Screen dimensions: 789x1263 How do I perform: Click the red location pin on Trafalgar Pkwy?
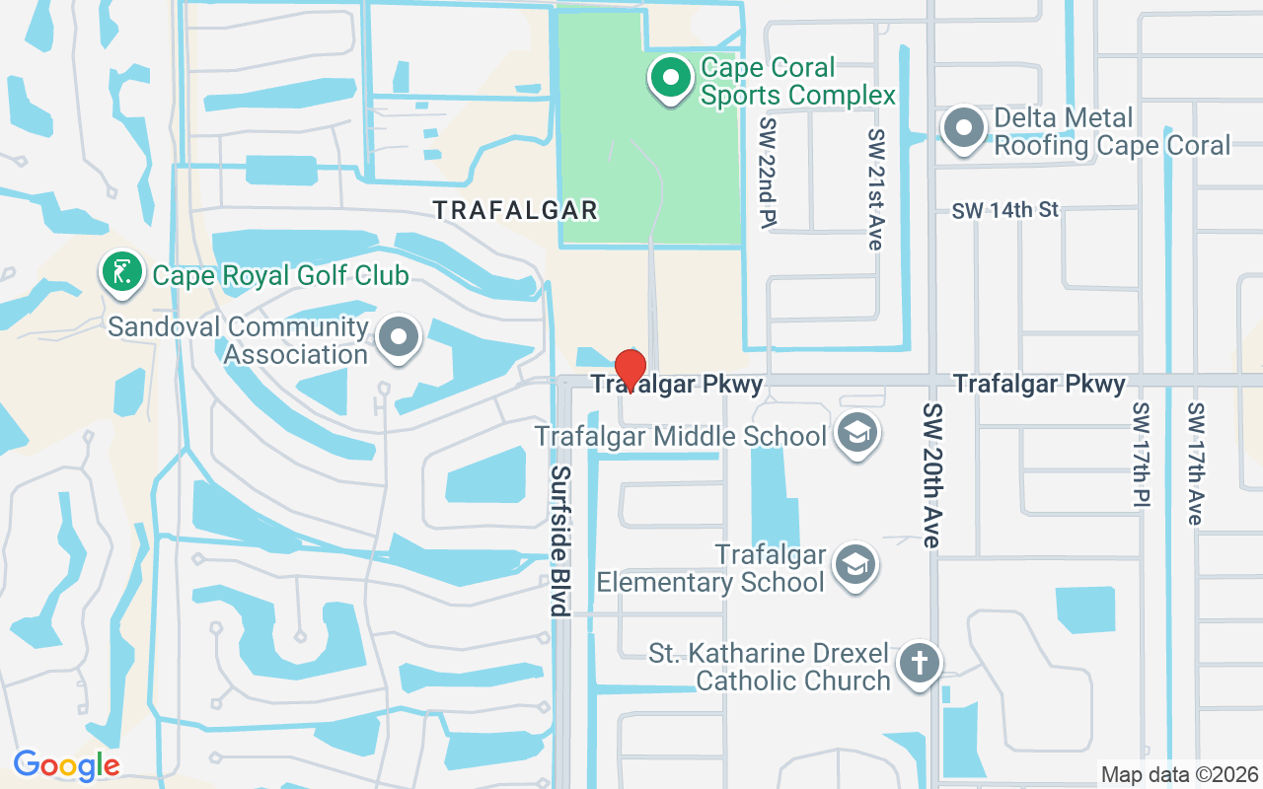(x=631, y=368)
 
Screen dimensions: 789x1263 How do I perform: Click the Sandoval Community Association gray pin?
(x=400, y=338)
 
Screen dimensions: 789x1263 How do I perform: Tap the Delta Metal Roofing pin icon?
(x=963, y=129)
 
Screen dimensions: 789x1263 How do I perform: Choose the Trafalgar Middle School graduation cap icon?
(x=855, y=435)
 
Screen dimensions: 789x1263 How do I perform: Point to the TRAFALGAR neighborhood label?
(x=516, y=210)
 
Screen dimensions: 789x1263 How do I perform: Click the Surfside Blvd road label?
(x=560, y=541)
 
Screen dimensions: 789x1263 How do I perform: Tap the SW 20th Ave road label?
(x=933, y=474)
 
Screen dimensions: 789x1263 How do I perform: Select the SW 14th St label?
(x=1004, y=210)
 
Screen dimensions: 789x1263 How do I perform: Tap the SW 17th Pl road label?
(x=1142, y=455)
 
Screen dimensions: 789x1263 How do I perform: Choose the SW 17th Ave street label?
(x=1195, y=463)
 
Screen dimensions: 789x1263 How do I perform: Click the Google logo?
(x=66, y=764)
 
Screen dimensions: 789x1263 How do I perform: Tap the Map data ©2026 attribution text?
(x=1179, y=774)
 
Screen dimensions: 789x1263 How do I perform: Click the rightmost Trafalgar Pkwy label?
(x=1039, y=384)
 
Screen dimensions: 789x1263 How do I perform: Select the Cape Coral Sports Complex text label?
(x=797, y=81)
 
